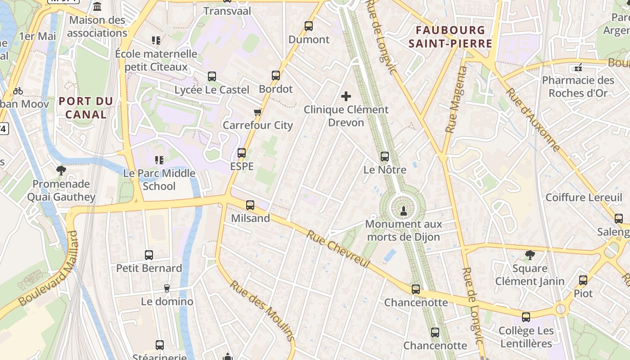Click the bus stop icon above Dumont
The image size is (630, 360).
308,26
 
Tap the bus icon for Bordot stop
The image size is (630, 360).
276,76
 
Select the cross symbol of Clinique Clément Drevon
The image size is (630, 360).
346,96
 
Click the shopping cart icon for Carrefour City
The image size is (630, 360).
257,112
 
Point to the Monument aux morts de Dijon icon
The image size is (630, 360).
403,210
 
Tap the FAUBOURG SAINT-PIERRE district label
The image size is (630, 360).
453,37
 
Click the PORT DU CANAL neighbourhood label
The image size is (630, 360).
85,108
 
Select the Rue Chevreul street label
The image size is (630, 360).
339,248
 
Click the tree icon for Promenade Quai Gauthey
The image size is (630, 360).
61,170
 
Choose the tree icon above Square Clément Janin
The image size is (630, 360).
530,255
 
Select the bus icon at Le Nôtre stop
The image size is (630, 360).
384,157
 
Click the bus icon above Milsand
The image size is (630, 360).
250,205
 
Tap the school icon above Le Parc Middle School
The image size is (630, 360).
158,160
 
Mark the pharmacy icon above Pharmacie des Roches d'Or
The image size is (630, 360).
578,67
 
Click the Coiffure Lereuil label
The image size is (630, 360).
584,197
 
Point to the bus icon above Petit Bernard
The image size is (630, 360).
149,255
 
